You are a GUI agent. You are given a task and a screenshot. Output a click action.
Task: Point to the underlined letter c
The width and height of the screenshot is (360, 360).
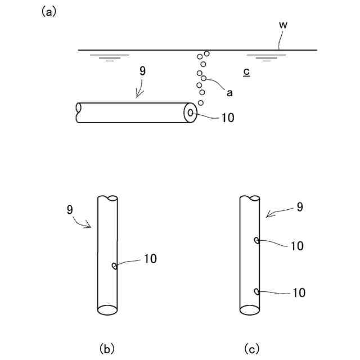[247, 72]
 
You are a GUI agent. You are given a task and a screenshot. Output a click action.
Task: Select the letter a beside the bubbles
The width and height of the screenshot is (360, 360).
[229, 93]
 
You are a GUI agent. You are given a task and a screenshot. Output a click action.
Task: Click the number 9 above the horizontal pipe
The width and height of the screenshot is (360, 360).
[142, 71]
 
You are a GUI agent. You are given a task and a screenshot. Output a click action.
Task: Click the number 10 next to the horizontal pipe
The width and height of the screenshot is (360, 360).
[228, 118]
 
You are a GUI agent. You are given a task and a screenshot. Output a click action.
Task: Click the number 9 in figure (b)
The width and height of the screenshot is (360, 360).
[69, 210]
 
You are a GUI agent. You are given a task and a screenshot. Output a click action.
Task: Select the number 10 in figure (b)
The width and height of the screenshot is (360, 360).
[150, 259]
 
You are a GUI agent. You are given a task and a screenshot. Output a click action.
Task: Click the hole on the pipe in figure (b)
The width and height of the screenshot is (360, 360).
[114, 266]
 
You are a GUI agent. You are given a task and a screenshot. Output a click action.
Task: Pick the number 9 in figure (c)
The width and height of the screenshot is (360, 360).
[300, 207]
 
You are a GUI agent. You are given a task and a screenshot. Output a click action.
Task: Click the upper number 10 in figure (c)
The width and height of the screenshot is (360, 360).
[298, 246]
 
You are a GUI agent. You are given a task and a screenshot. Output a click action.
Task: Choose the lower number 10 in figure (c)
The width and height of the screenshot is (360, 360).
[298, 292]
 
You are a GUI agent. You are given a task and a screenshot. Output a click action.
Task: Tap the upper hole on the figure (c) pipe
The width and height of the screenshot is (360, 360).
[256, 241]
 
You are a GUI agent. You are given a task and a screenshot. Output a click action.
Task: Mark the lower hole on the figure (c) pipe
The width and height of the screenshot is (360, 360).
[256, 291]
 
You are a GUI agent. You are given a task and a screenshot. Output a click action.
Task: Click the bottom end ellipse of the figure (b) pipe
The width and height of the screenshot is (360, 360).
[107, 310]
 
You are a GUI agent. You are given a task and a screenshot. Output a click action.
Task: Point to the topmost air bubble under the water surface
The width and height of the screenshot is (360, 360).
[207, 53]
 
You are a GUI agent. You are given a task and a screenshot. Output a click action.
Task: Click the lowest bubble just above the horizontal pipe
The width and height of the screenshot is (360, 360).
[201, 103]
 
